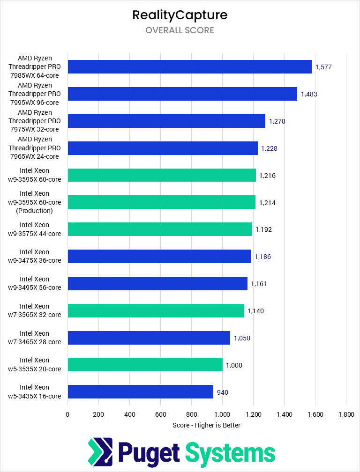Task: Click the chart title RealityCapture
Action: (x=180, y=15)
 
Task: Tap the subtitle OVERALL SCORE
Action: (x=180, y=30)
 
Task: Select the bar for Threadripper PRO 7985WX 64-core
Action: (x=189, y=67)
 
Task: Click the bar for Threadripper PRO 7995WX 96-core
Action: (x=182, y=94)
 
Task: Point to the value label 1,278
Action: (x=277, y=121)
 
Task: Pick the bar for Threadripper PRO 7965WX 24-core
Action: (x=163, y=148)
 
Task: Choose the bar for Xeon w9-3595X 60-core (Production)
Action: (x=162, y=202)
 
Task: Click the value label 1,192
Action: (x=263, y=229)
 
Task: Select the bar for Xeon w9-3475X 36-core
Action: (x=159, y=257)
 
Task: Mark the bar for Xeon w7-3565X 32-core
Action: (x=156, y=310)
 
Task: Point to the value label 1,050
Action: (x=242, y=338)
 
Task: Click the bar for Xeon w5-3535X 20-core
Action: (x=145, y=365)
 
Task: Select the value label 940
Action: (x=223, y=392)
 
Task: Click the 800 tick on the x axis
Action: (x=191, y=414)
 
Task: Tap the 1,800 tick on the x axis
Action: (x=346, y=414)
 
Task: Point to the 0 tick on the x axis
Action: (x=67, y=414)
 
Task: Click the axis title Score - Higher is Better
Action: (x=207, y=425)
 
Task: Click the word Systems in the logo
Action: (x=230, y=453)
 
